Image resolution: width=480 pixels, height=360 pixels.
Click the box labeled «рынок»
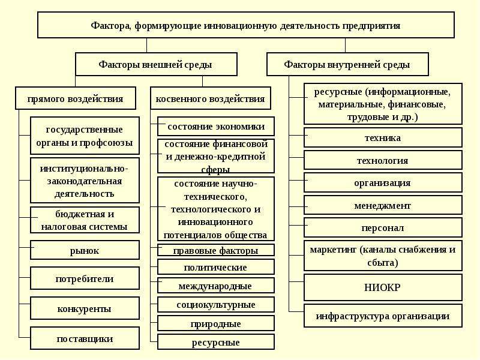(x=85, y=250)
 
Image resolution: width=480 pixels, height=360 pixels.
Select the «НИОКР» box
(x=383, y=287)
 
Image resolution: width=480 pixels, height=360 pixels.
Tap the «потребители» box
(x=85, y=278)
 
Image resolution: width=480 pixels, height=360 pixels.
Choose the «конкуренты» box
(x=85, y=308)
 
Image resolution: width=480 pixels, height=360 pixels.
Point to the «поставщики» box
(x=85, y=338)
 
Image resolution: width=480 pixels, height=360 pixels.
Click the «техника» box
(x=383, y=137)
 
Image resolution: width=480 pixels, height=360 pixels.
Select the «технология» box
(x=383, y=160)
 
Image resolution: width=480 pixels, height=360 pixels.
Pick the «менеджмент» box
(x=383, y=205)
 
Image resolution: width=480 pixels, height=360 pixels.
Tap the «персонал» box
(x=383, y=227)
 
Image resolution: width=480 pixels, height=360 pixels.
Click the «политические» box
(x=216, y=267)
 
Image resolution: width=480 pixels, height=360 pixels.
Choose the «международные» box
(x=216, y=286)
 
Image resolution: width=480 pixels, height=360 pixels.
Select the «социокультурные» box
(x=216, y=304)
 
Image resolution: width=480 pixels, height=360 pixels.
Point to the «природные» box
(x=216, y=323)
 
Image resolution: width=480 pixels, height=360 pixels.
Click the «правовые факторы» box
(x=216, y=250)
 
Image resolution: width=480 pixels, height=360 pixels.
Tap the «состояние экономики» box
(x=216, y=126)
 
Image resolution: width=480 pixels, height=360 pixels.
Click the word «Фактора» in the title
(x=110, y=26)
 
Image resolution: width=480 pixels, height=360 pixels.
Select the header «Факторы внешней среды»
(x=156, y=64)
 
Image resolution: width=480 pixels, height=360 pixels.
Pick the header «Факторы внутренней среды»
(x=347, y=64)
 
